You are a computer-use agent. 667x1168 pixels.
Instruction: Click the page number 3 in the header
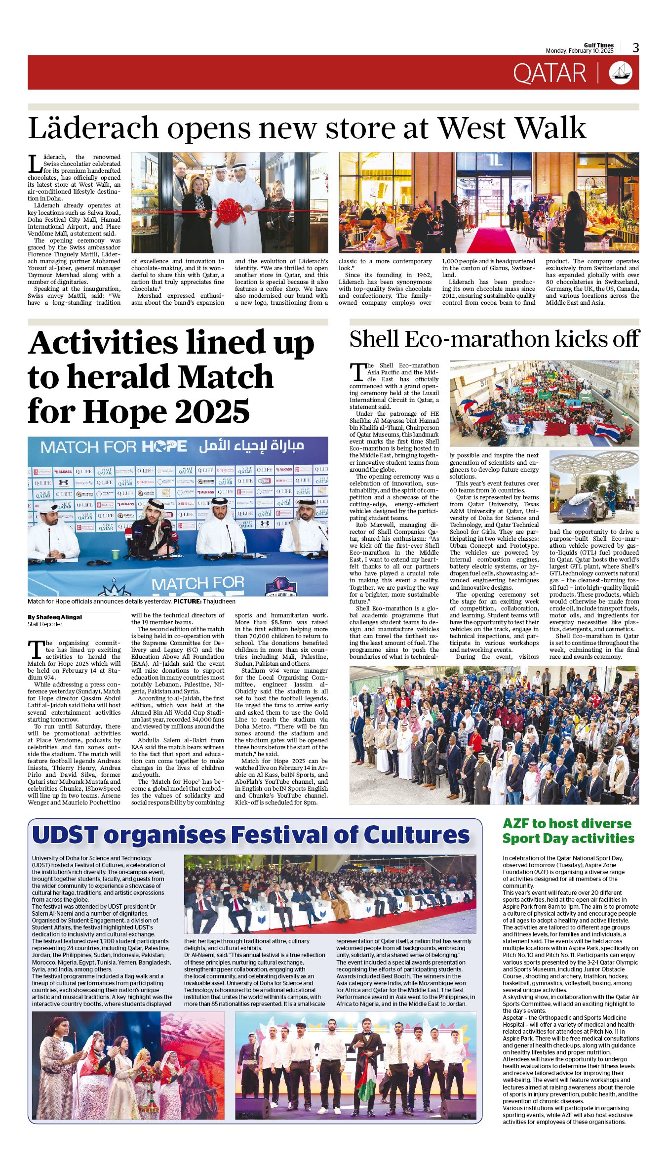tap(635, 47)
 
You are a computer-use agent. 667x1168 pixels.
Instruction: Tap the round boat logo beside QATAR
tap(621, 73)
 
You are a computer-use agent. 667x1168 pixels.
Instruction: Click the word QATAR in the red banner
tap(549, 73)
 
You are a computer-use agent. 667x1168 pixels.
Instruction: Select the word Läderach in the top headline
tap(92, 128)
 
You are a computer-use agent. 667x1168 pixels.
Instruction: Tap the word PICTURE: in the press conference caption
tap(187, 602)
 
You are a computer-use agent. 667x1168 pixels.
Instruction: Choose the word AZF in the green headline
tap(515, 824)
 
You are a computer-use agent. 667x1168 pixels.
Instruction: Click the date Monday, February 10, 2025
tap(579, 51)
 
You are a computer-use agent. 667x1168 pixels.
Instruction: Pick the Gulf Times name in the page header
tap(598, 45)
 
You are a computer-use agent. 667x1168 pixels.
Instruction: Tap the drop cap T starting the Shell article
tap(357, 372)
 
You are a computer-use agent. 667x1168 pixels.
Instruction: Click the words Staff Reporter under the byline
tap(45, 624)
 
